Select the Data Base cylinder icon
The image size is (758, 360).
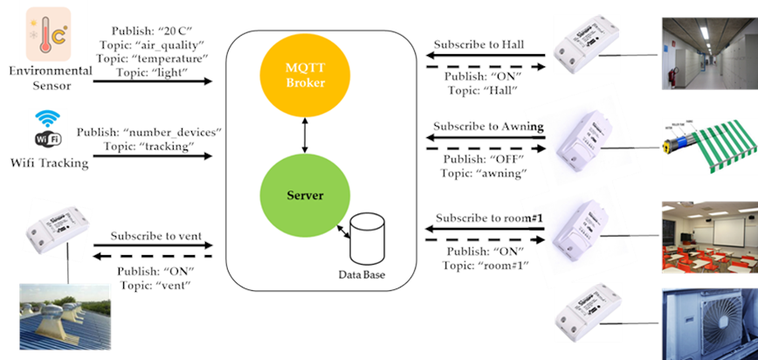coord(367,240)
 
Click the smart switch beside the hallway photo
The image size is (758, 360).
coord(589,53)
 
